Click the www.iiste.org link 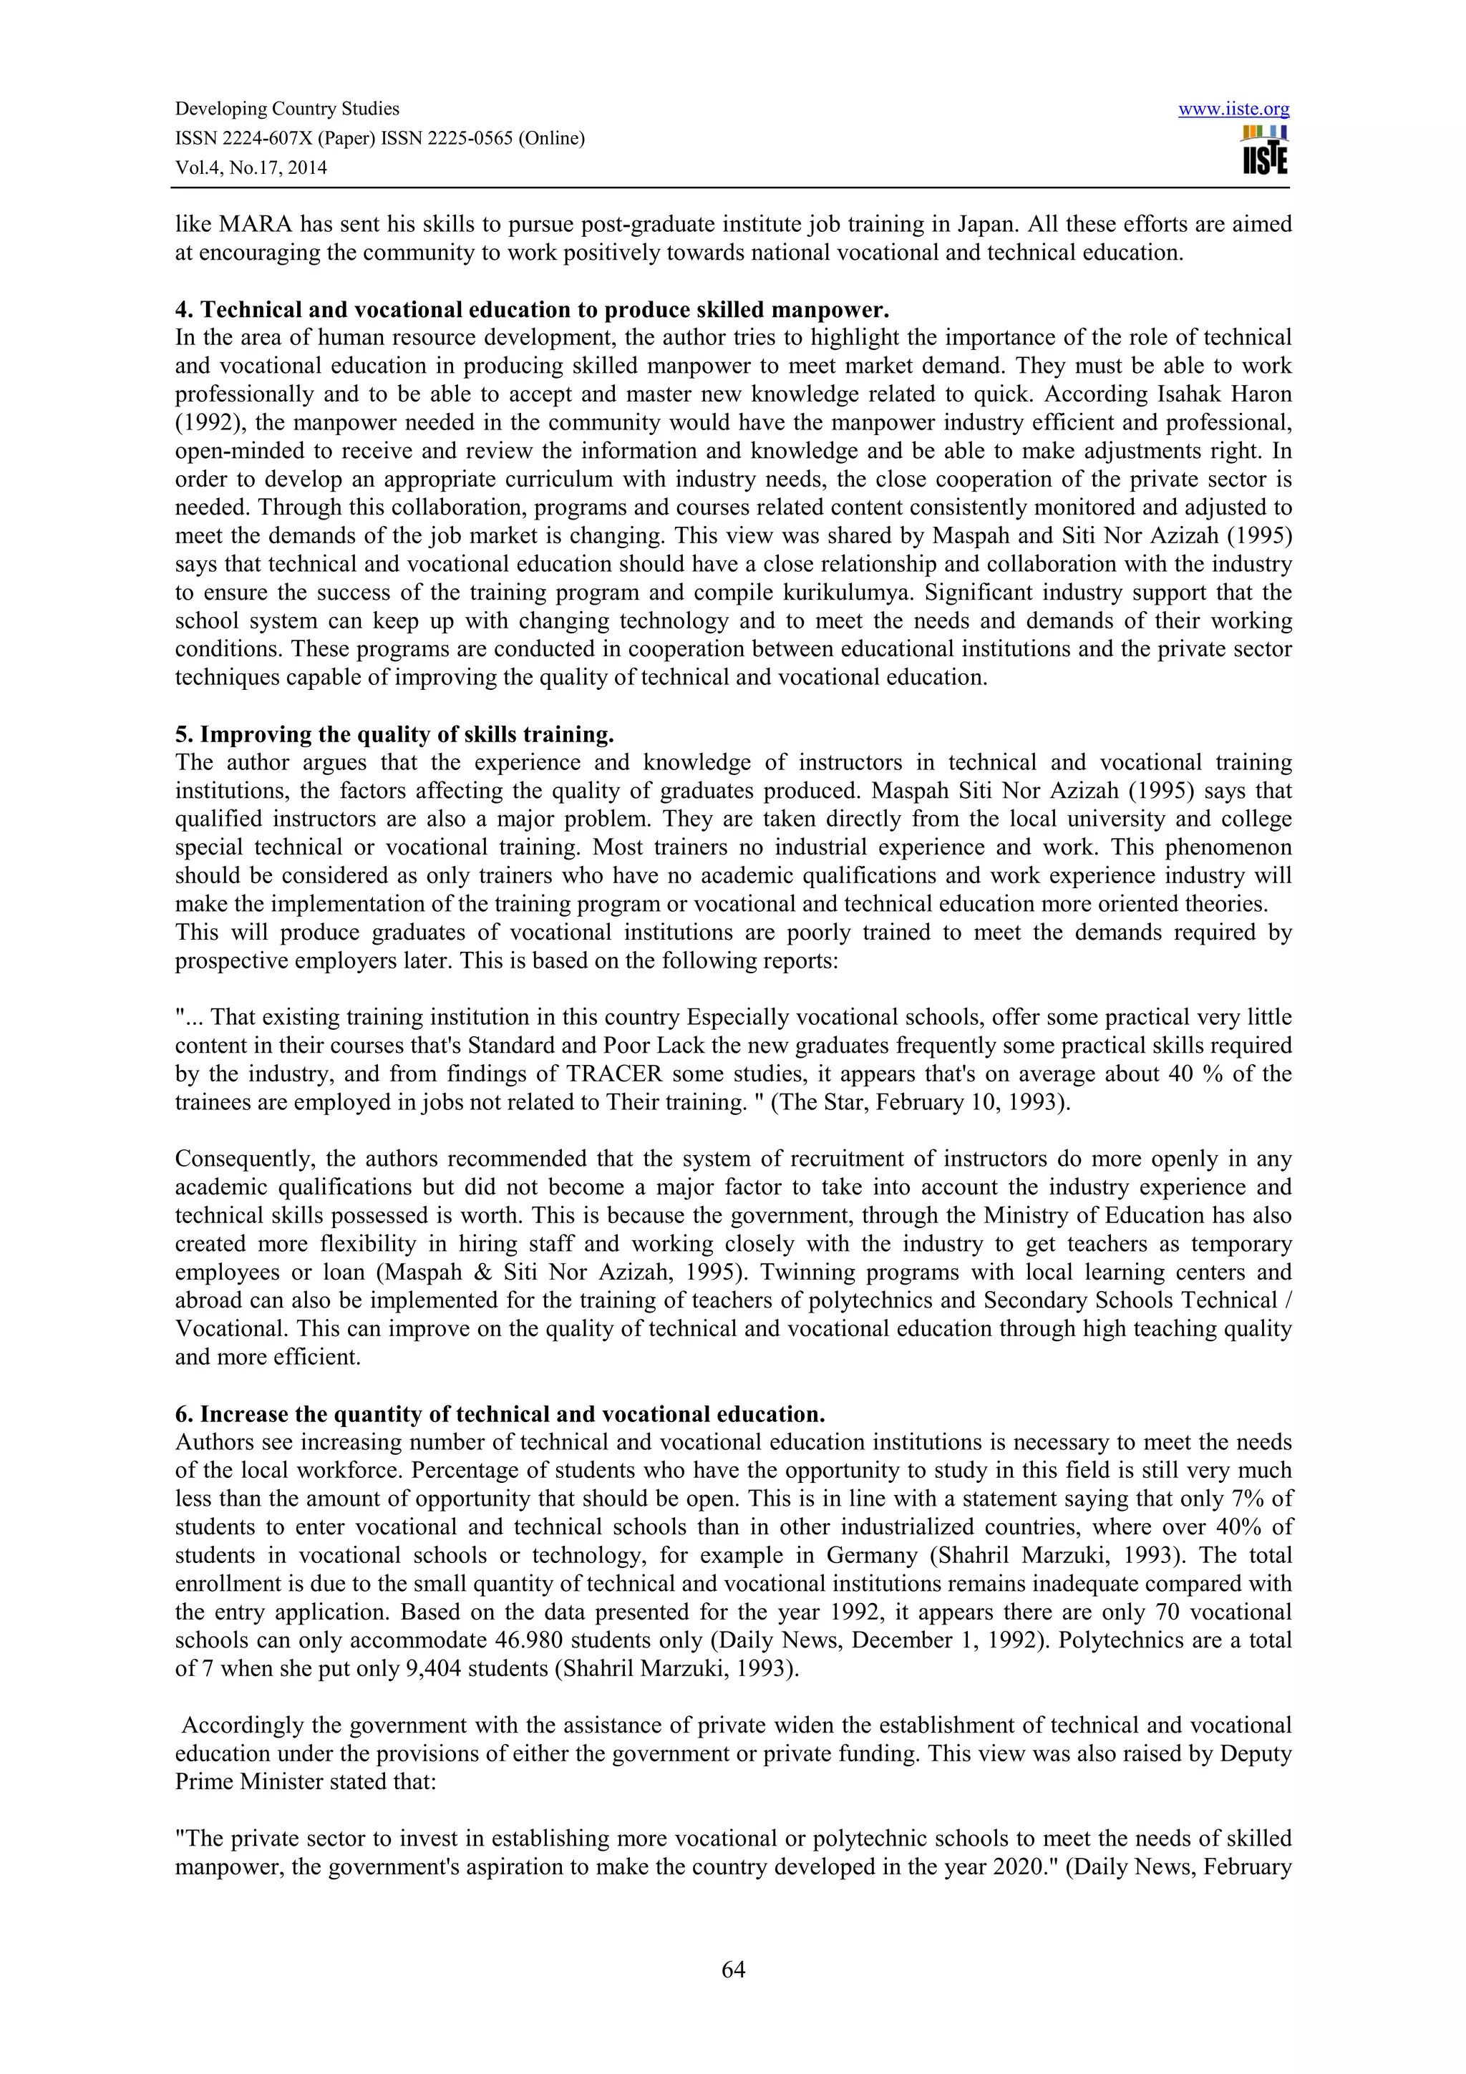[1234, 109]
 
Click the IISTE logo [1265, 151]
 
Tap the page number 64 [732, 1970]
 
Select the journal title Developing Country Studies [287, 109]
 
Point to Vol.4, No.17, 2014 [251, 167]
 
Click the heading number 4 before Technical [182, 310]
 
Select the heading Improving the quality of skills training [407, 734]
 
